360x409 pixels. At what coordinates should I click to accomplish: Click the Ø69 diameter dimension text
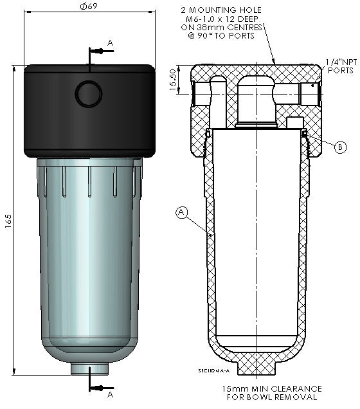[88, 6]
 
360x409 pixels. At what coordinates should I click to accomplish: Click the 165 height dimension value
[7, 219]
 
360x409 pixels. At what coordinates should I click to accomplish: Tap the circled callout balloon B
[341, 146]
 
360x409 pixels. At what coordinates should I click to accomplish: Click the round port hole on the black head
[88, 94]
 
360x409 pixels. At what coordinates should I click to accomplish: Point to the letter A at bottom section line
[110, 394]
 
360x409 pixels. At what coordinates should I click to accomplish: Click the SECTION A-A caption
[213, 372]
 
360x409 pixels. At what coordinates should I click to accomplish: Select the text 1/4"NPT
[341, 62]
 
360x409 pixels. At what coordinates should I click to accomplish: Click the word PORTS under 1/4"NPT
[341, 70]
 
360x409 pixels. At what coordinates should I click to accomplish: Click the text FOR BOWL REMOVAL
[272, 397]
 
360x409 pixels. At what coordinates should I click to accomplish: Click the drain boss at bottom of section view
[257, 367]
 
